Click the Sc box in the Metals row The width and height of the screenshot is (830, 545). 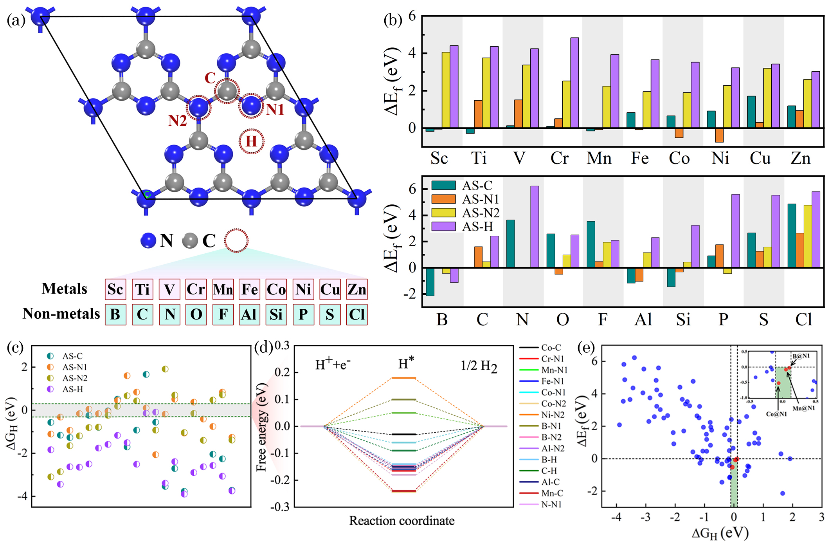point(115,289)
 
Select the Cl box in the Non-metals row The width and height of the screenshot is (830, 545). point(356,314)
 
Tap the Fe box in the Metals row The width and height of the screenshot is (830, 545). point(249,289)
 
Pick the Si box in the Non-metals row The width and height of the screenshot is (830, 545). point(276,314)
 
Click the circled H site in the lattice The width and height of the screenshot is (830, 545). point(251,141)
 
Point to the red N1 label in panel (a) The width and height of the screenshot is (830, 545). point(275,110)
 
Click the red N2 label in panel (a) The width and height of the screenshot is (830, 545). point(177,121)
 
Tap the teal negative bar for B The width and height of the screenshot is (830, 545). point(430,282)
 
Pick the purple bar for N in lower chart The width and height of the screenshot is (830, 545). point(534,227)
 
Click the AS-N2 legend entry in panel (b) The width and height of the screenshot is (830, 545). point(480,213)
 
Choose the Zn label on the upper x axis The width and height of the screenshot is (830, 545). point(800,159)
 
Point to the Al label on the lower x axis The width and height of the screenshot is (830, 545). point(643,320)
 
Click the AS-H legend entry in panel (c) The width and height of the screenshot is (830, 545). point(72,389)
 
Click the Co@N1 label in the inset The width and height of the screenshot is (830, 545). point(776,414)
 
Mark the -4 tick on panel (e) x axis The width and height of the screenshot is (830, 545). point(616,517)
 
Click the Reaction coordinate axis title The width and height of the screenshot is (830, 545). point(401,521)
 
